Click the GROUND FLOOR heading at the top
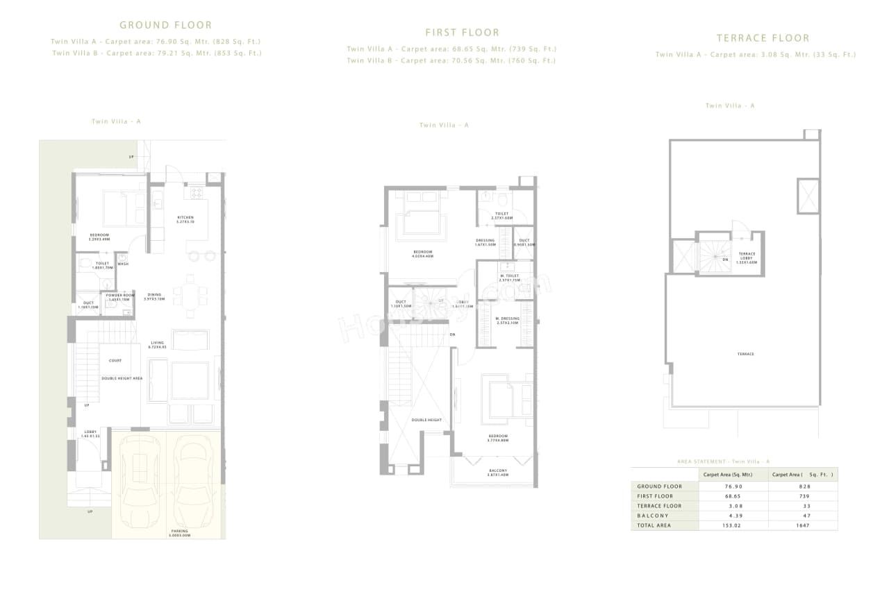pos(165,25)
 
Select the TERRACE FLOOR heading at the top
pos(763,38)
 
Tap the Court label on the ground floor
pos(115,360)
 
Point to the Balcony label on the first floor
pos(497,472)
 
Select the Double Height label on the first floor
pos(426,420)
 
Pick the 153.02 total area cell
pos(733,525)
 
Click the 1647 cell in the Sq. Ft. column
pos(804,525)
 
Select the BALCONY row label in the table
pos(653,516)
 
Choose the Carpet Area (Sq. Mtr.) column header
pos(733,475)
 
